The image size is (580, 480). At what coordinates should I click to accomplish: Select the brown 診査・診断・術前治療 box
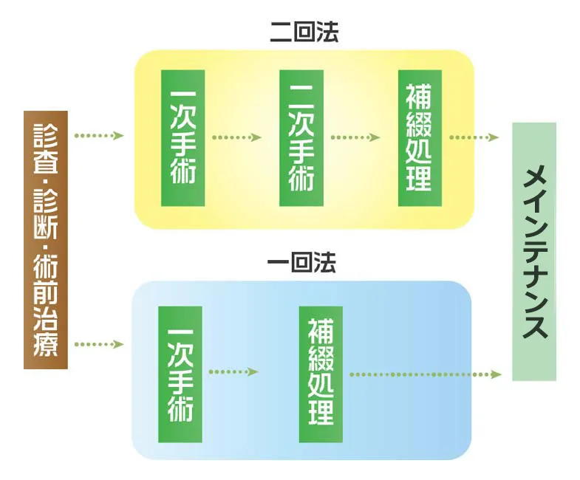[x=46, y=239]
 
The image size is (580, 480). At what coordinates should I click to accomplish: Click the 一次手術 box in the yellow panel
[x=182, y=138]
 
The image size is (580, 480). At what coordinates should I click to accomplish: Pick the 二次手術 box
[x=301, y=138]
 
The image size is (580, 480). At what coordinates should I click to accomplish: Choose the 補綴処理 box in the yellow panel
[x=419, y=138]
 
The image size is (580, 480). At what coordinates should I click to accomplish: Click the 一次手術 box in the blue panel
[x=180, y=374]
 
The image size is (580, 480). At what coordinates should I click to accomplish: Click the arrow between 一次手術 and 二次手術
[x=236, y=137]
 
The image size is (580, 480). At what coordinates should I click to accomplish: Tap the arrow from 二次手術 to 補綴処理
[x=355, y=137]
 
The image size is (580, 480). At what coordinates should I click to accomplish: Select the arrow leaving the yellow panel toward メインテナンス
[x=474, y=137]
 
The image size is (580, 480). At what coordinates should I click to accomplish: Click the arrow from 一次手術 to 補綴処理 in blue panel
[x=233, y=371]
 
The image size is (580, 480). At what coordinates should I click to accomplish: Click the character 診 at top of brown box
[x=46, y=136]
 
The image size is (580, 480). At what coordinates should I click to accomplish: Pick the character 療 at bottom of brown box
[x=46, y=345]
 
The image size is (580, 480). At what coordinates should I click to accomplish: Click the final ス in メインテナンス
[x=534, y=326]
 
